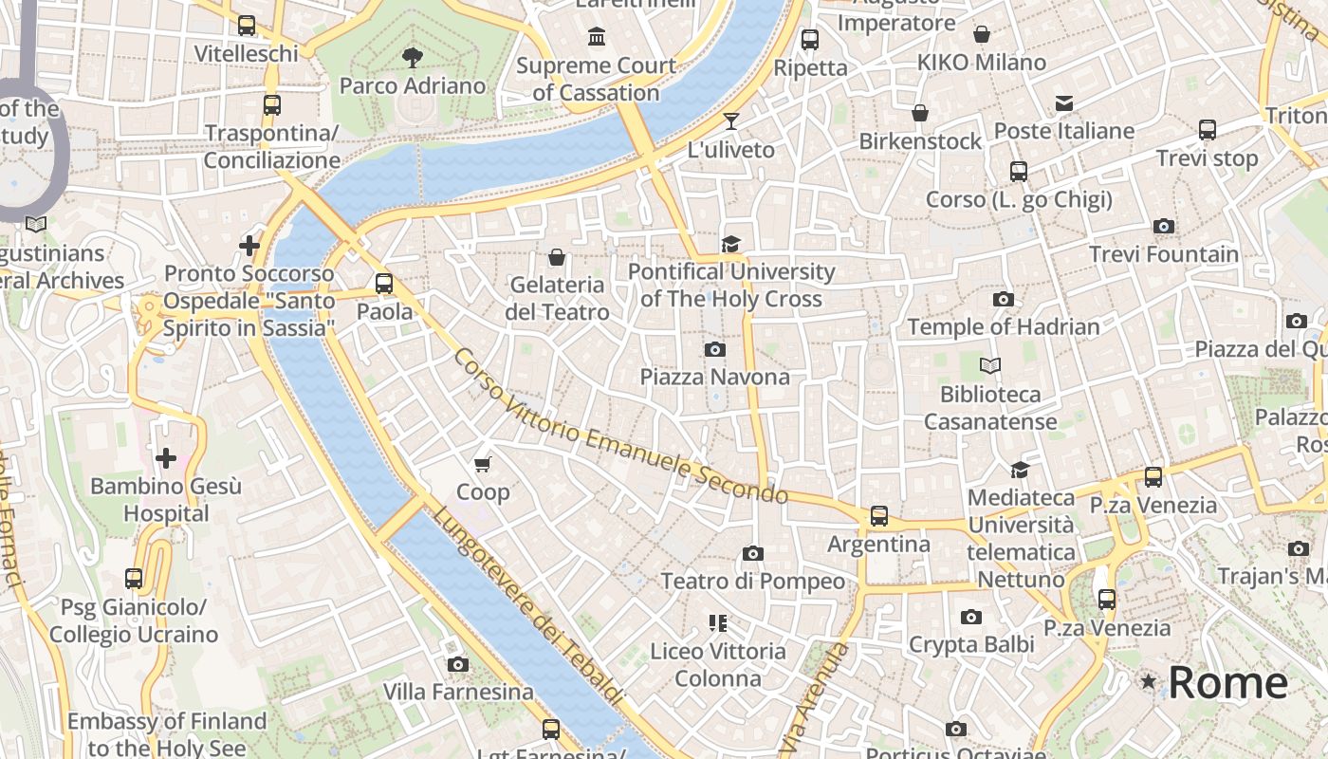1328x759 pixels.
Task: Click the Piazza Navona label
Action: [714, 377]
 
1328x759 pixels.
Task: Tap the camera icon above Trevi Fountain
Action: [1164, 226]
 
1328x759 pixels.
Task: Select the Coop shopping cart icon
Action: [483, 464]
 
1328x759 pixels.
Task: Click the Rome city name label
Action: [1227, 682]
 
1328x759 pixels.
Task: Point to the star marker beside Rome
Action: [1149, 681]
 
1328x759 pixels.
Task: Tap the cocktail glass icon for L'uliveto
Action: [730, 120]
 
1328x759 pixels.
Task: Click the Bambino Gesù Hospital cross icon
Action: [166, 459]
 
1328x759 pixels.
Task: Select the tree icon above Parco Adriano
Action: [412, 58]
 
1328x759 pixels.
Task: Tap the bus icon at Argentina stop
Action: [879, 516]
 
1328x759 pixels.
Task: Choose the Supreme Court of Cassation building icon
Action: [597, 37]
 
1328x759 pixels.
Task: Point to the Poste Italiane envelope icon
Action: [1063, 103]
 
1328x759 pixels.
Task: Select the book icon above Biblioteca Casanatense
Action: [989, 365]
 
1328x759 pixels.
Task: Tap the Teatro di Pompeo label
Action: [752, 581]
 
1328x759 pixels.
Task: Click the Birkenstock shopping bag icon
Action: [919, 114]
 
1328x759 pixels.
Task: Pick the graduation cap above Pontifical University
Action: [730, 245]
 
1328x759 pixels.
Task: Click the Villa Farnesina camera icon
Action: [458, 664]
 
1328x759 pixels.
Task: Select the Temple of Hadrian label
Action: [1004, 326]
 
